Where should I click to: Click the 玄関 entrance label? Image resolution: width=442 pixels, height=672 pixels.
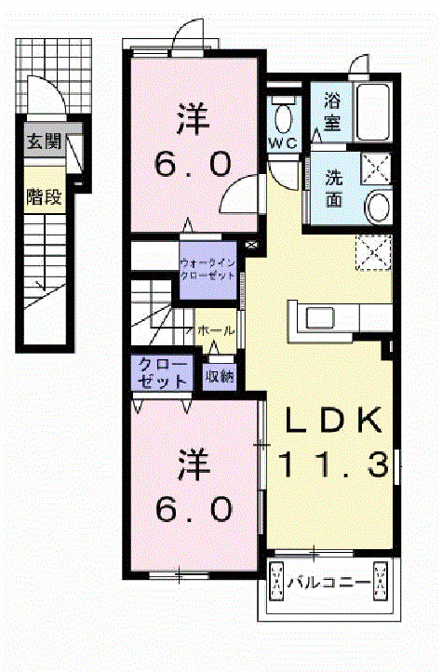coord(44,142)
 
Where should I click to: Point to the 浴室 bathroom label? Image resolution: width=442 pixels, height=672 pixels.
coord(333,109)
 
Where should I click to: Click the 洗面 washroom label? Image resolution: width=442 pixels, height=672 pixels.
coord(334,185)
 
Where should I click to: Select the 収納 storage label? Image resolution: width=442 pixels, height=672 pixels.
coord(220,376)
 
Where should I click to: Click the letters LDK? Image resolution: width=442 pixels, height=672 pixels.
coord(332,422)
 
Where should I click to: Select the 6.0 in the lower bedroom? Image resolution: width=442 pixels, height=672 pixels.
coord(193,508)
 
